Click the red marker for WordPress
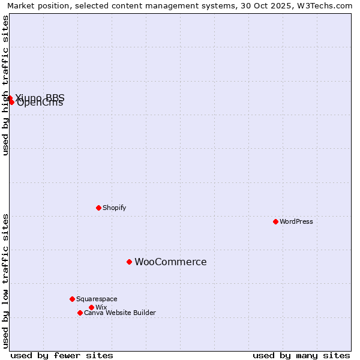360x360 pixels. pos(275,221)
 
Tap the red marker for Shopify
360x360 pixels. pos(98,208)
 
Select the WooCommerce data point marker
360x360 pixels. pos(129,262)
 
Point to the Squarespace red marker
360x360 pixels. pos(72,299)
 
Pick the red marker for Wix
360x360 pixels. pos(91,307)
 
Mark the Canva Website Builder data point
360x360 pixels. pos(80,313)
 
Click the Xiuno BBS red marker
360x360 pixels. pos(10,98)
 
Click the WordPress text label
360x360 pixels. pos(296,221)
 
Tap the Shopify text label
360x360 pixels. pos(115,208)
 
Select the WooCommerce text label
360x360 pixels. pos(170,262)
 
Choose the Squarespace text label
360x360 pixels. pos(97,299)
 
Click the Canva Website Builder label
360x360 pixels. pos(120,313)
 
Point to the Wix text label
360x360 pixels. pos(101,307)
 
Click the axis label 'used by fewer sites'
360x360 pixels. pos(62,355)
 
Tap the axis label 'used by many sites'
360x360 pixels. pos(301,355)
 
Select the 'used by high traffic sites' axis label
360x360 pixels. pos(5,85)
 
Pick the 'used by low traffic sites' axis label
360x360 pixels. pos(5,281)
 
